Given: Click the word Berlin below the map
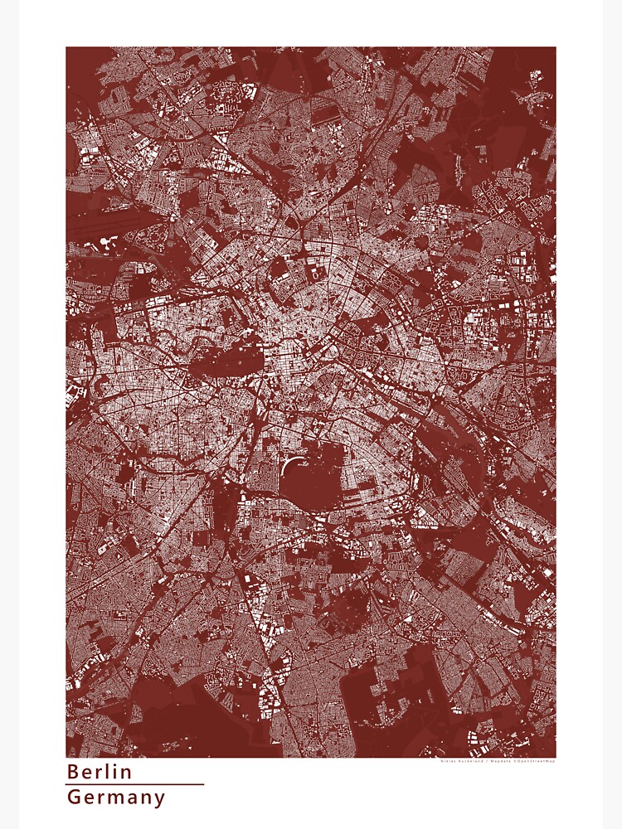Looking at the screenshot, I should tap(100, 772).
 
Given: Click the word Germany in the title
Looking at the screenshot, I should tap(116, 798).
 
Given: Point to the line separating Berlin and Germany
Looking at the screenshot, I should tap(134, 784).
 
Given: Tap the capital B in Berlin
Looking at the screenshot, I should tap(73, 772).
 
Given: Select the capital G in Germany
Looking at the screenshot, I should tap(74, 798).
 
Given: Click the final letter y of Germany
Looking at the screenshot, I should tap(159, 800).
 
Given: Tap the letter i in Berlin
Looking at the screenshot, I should tap(117, 772).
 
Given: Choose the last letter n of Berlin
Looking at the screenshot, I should tap(127, 773).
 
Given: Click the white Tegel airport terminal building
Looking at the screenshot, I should tap(108, 242).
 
